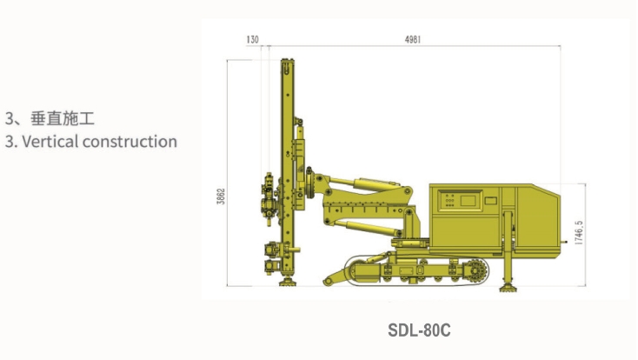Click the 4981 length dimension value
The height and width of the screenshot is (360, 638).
(x=413, y=39)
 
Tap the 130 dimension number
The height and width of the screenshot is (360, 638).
(x=252, y=39)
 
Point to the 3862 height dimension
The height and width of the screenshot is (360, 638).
(x=221, y=196)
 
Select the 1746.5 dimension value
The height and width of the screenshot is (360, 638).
(x=579, y=232)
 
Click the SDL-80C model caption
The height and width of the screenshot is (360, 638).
(x=419, y=330)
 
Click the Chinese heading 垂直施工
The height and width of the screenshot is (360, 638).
(x=63, y=118)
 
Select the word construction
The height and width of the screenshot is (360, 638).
(x=130, y=142)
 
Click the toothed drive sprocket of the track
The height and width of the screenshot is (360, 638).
(x=476, y=270)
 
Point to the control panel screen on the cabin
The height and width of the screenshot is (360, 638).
(x=468, y=200)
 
